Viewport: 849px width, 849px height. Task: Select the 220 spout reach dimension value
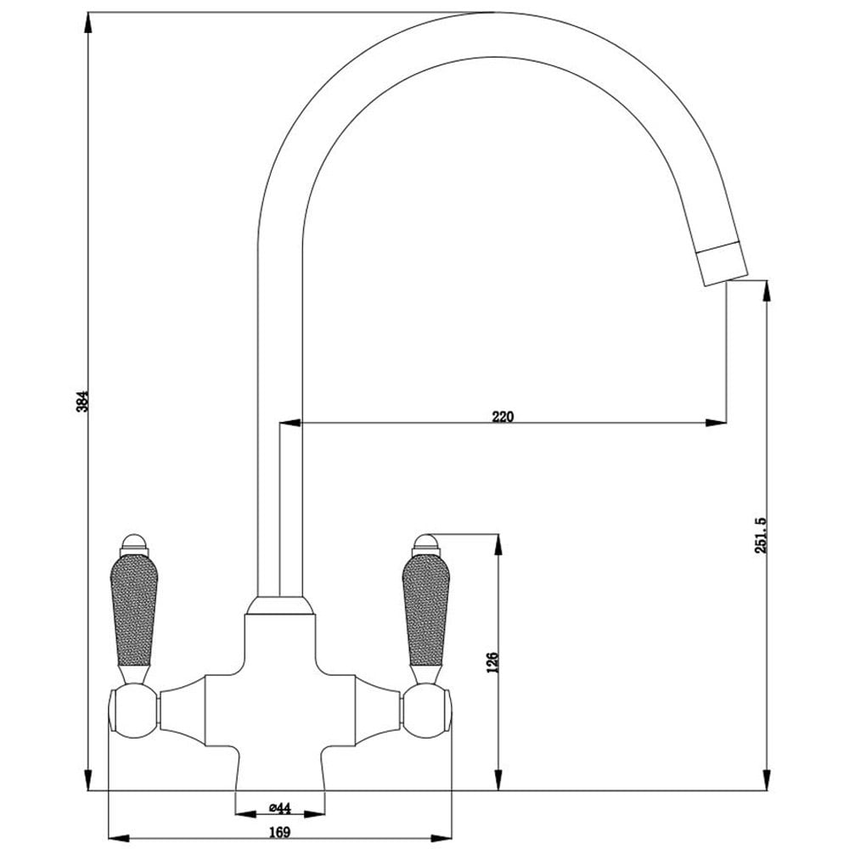(503, 416)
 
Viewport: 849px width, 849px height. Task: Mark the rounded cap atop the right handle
(425, 542)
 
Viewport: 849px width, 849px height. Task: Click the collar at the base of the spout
(279, 604)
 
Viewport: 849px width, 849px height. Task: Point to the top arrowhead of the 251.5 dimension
(767, 290)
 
